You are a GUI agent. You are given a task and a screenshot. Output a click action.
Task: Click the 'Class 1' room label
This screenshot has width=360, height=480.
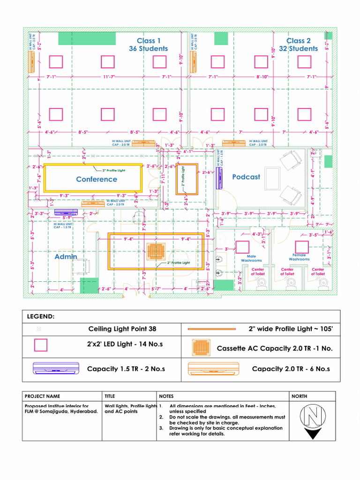(x=148, y=41)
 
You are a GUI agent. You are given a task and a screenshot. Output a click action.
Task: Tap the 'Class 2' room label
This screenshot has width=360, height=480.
(x=299, y=41)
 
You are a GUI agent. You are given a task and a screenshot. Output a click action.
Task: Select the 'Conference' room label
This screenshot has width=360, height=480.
(x=97, y=179)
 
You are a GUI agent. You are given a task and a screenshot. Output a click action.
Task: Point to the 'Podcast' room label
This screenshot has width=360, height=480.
(x=246, y=177)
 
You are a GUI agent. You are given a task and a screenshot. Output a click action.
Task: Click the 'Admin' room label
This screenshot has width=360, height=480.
(x=66, y=257)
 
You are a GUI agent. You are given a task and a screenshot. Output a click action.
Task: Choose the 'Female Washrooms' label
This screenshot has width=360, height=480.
(x=299, y=257)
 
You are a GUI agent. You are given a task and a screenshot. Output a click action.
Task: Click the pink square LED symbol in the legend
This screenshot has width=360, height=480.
(x=41, y=345)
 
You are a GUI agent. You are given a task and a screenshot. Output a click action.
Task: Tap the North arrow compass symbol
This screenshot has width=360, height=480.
(x=312, y=417)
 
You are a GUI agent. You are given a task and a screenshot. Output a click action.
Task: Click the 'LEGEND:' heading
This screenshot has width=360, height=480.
(x=41, y=317)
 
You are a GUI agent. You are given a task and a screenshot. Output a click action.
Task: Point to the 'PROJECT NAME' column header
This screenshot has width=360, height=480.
(x=42, y=396)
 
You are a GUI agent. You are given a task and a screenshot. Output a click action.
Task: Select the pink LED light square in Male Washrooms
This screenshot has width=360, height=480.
(x=242, y=247)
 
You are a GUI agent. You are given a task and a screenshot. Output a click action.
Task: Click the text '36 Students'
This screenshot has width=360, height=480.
(x=148, y=49)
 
